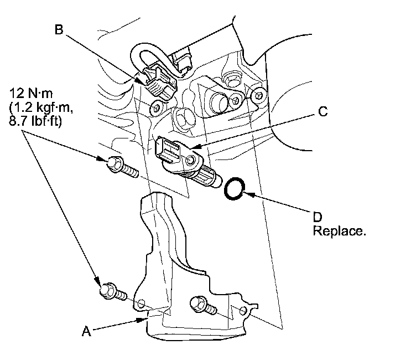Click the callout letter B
(x=59, y=29)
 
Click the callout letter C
(x=323, y=111)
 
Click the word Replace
(x=339, y=230)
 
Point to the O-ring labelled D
(x=235, y=188)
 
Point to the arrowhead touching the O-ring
(x=248, y=193)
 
